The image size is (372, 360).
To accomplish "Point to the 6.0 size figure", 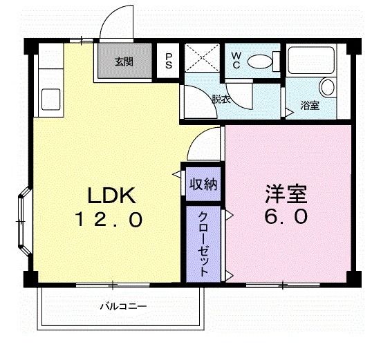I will tap(284, 217).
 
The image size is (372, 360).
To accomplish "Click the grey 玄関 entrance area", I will tap(124, 62).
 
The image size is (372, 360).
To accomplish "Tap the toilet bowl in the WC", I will tap(261, 61).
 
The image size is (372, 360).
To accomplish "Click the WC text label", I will tap(236, 59).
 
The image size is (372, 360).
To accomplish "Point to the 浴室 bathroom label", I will tap(309, 106).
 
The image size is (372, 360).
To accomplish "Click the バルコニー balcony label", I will tap(123, 305).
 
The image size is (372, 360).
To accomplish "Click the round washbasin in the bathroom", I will tap(326, 88).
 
